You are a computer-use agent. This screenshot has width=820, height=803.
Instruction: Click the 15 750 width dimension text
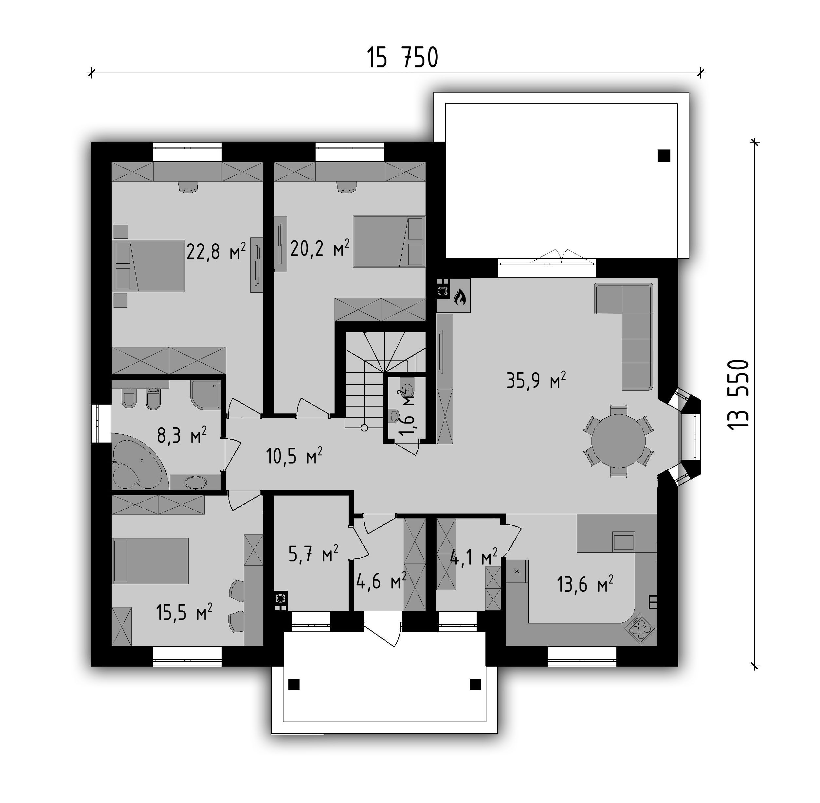point(403,58)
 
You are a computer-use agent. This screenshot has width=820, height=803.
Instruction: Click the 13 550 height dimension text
point(738,394)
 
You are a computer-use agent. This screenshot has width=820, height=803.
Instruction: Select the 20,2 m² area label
point(319,248)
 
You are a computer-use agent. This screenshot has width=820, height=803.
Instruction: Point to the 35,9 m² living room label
point(536,380)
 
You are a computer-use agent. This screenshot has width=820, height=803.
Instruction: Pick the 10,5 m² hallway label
point(294,456)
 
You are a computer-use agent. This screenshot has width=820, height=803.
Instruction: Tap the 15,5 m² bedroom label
point(184,612)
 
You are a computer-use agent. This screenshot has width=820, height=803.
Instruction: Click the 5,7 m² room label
point(313,554)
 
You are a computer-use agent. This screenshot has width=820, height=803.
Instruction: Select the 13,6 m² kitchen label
point(585,584)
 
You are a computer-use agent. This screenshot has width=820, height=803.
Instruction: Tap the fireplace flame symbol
point(460,298)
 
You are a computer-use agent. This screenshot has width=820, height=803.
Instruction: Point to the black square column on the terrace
point(664,156)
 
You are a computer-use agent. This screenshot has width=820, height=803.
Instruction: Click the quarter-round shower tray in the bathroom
point(206,395)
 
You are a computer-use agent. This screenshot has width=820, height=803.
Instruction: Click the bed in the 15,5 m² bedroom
point(150,561)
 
